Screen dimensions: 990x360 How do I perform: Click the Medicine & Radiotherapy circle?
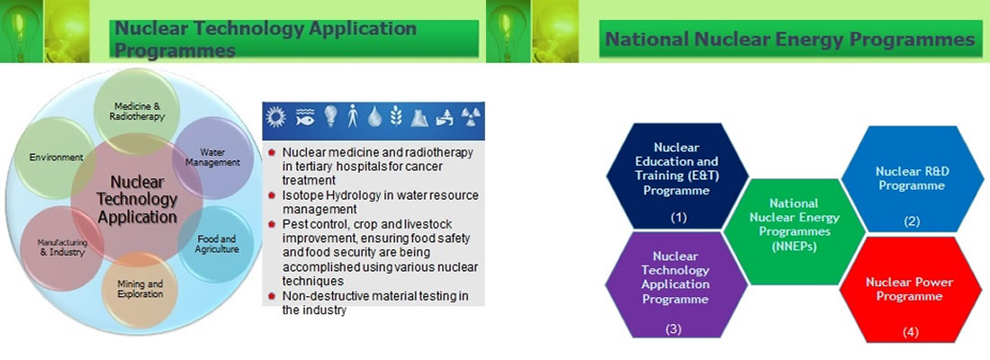pyautogui.click(x=137, y=112)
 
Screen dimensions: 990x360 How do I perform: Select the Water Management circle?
pyautogui.click(x=213, y=157)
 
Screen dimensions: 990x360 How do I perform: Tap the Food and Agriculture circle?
pyautogui.click(x=216, y=245)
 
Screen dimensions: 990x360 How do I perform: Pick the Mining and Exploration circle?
pyautogui.click(x=140, y=290)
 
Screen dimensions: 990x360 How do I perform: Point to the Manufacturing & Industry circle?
pyautogui.click(x=62, y=247)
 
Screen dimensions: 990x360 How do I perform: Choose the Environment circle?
pyautogui.click(x=57, y=157)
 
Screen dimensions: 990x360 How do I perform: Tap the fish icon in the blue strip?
pyautogui.click(x=303, y=117)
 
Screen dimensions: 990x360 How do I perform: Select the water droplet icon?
pyautogui.click(x=375, y=117)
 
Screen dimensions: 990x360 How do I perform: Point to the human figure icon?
pyautogui.click(x=352, y=116)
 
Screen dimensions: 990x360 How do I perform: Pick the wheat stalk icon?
pyautogui.click(x=397, y=117)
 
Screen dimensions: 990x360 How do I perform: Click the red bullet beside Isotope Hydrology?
pyautogui.click(x=272, y=196)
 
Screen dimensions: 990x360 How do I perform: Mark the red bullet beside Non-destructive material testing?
pyautogui.click(x=272, y=296)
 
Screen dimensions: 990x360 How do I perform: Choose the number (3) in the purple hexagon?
pyautogui.click(x=674, y=328)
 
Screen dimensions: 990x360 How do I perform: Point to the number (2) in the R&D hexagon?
pyautogui.click(x=911, y=221)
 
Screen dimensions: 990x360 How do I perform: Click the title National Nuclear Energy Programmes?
pyautogui.click(x=790, y=40)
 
